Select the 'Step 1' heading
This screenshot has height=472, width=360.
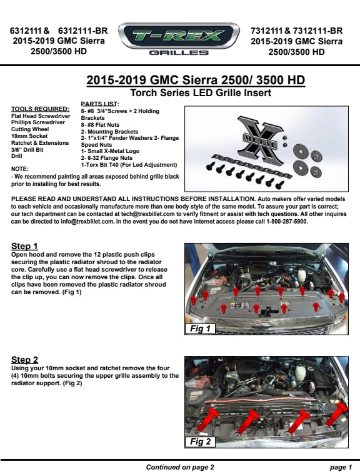coord(24,246)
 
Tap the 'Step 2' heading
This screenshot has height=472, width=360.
coord(25,360)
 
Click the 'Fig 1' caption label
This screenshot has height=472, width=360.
coord(200,328)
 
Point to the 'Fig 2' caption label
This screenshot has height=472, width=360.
coord(200,441)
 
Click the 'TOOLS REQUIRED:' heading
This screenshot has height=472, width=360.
coord(41,109)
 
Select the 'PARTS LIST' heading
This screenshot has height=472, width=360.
coord(99,104)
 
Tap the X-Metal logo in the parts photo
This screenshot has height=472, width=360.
coord(259,140)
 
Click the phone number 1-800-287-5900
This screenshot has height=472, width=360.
coord(287,222)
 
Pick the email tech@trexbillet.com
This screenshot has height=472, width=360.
coord(148,214)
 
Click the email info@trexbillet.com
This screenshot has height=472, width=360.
coord(87,222)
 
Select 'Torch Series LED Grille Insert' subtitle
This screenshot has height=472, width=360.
coord(201,92)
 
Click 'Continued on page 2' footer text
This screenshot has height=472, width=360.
coord(180,467)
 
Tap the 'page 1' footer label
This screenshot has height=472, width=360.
coord(341,467)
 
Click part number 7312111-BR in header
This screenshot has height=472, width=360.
coord(318,31)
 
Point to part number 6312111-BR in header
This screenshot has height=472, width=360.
coord(83,31)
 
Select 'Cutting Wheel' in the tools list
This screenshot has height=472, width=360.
coord(30,129)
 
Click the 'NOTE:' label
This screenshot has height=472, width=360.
coord(20,169)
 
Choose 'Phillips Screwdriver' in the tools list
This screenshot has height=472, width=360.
coord(38,122)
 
